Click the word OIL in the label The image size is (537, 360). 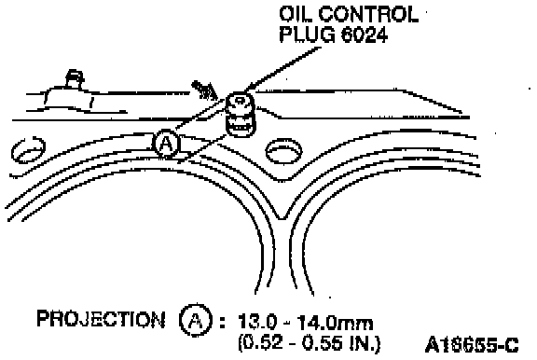(x=295, y=14)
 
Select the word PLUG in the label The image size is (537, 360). (x=306, y=34)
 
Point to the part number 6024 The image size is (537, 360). (x=364, y=34)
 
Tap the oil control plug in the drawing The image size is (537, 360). (x=241, y=115)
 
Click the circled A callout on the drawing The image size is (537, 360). (x=167, y=144)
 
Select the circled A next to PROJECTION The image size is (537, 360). (x=196, y=320)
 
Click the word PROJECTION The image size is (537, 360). (x=101, y=319)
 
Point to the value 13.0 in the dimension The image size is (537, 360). (x=256, y=323)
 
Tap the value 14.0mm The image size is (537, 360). (x=335, y=323)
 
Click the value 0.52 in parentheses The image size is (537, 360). (x=258, y=343)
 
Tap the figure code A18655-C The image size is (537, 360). (x=472, y=345)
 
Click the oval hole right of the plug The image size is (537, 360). (x=284, y=150)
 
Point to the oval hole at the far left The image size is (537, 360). (x=28, y=150)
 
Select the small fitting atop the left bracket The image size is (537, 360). (x=75, y=79)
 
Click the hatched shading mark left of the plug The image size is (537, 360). (x=203, y=90)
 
